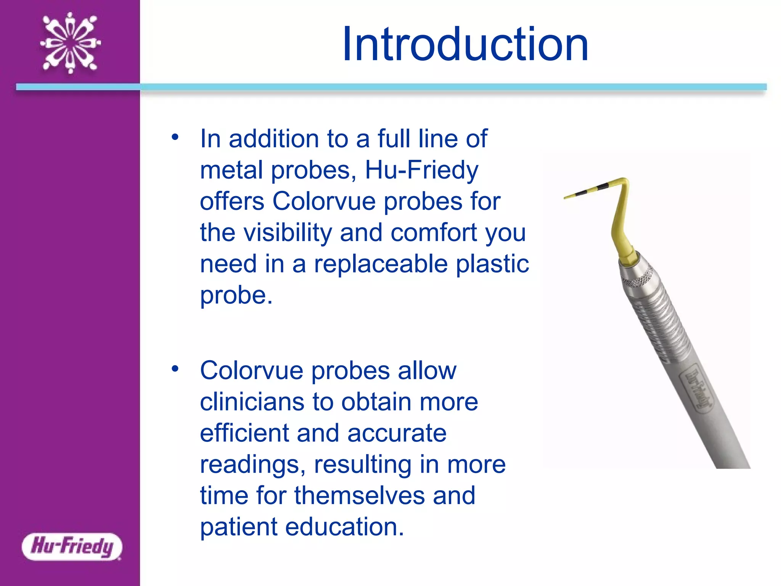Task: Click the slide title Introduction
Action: point(465,44)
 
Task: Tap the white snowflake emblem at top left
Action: point(71,42)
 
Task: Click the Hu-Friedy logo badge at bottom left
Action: point(72,546)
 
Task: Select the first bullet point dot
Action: point(175,137)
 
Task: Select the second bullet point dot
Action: point(175,369)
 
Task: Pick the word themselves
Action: point(359,496)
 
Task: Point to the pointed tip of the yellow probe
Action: point(566,198)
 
